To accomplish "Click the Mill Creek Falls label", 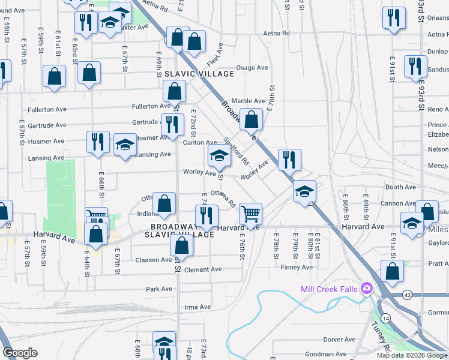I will click(329, 290).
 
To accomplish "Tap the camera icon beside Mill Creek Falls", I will click(366, 289).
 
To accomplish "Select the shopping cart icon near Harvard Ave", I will click(250, 213).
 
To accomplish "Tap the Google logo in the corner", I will click(20, 353).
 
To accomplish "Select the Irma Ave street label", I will click(197, 307).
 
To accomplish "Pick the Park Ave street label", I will click(159, 289).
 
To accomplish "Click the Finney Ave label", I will click(298, 268).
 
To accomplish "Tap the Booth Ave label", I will click(401, 187).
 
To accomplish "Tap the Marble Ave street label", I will click(248, 101).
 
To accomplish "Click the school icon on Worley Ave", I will click(219, 156).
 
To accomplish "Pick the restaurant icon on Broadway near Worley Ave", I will click(289, 160).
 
